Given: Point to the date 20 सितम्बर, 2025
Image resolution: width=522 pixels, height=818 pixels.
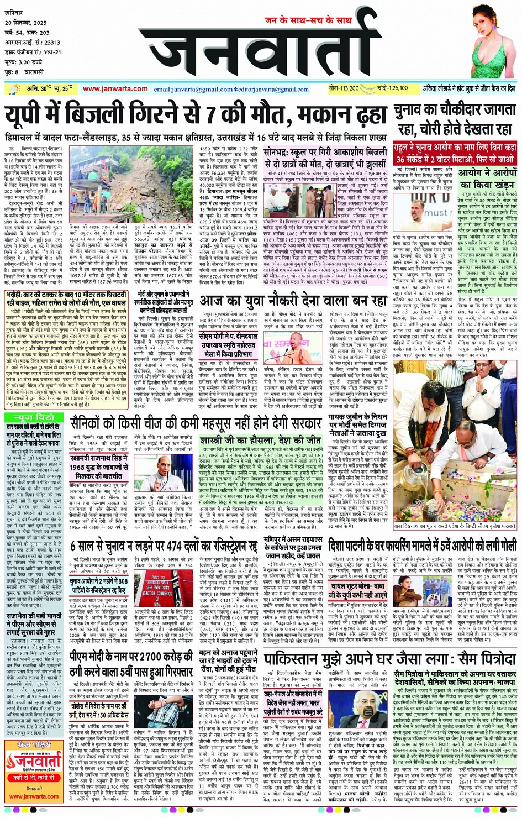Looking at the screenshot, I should (26, 23).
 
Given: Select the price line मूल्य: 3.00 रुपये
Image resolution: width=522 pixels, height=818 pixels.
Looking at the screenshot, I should (24, 62).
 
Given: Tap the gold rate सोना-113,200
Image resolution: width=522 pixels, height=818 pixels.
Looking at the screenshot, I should (343, 88).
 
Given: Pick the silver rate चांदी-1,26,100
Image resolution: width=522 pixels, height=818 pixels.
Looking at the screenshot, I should (393, 88).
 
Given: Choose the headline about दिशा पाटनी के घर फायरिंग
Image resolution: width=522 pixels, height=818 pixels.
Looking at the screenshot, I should (422, 546).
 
